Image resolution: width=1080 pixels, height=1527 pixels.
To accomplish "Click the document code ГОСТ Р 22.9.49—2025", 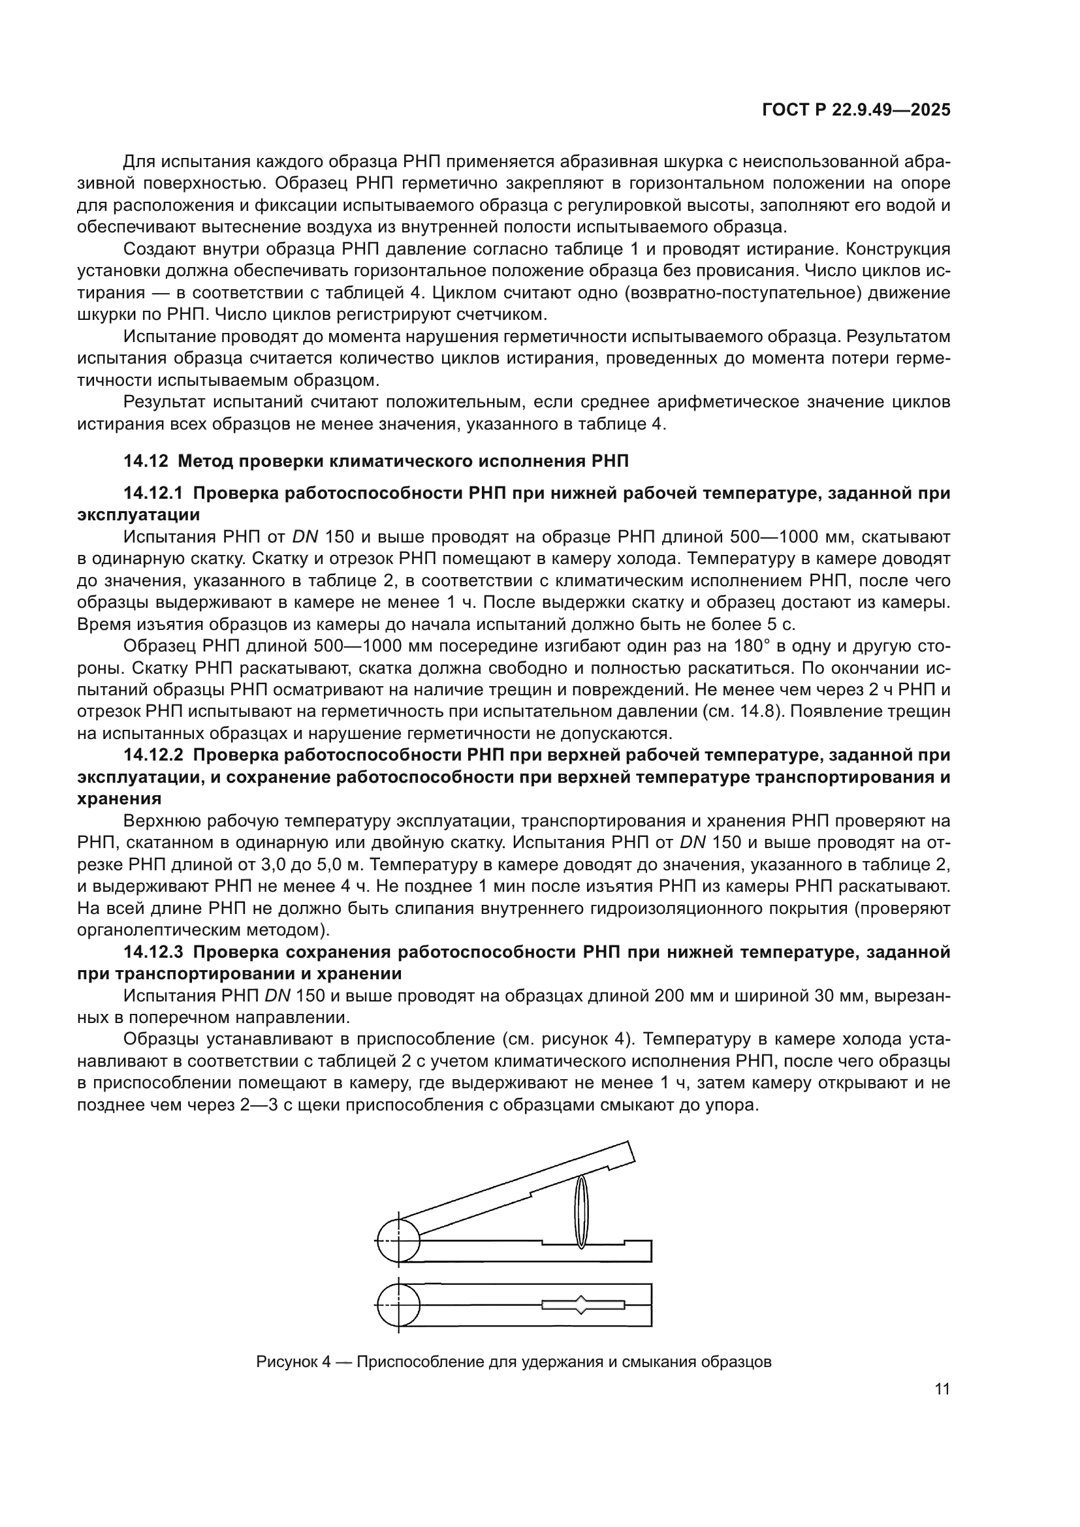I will point(855,110).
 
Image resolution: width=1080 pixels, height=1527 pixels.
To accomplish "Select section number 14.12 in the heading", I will point(144,461).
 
